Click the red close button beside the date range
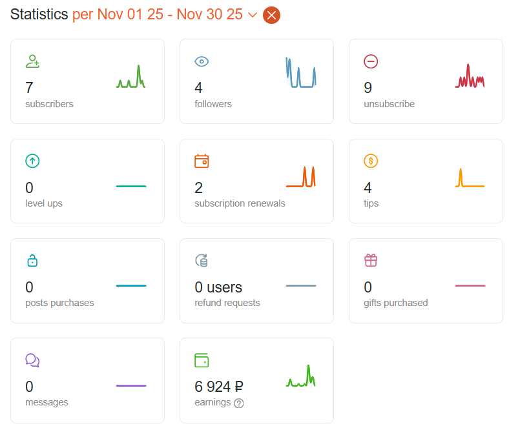pyautogui.click(x=271, y=15)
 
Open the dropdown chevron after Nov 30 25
pyautogui.click(x=253, y=15)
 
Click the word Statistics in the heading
pyautogui.click(x=39, y=14)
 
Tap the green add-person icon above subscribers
pyautogui.click(x=32, y=61)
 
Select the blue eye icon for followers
pyautogui.click(x=202, y=62)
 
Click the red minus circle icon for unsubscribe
pyautogui.click(x=371, y=61)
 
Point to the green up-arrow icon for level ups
pyautogui.click(x=32, y=161)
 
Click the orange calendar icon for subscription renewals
pyautogui.click(x=202, y=161)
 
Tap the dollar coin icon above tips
pyautogui.click(x=371, y=161)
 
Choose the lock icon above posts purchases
pyautogui.click(x=32, y=260)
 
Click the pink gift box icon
pyautogui.click(x=371, y=260)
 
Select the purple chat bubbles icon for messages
pyautogui.click(x=32, y=360)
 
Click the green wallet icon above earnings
pyautogui.click(x=202, y=360)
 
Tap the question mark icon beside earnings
pyautogui.click(x=239, y=403)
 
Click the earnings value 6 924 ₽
pyautogui.click(x=219, y=387)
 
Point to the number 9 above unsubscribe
pyautogui.click(x=368, y=88)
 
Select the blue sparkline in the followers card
pyautogui.click(x=301, y=73)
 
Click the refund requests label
pyautogui.click(x=227, y=303)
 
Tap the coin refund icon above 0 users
pyautogui.click(x=202, y=260)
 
